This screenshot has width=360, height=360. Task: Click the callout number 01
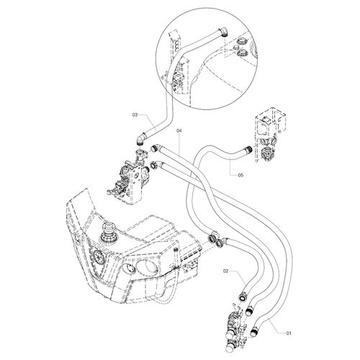pyautogui.click(x=289, y=333)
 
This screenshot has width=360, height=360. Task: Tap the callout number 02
pyautogui.click(x=225, y=271)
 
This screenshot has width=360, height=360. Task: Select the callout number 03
pyautogui.click(x=135, y=115)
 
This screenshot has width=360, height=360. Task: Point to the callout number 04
pyautogui.click(x=179, y=130)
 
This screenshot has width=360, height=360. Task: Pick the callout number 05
pyautogui.click(x=240, y=175)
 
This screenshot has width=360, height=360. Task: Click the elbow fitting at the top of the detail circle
pyautogui.click(x=223, y=32)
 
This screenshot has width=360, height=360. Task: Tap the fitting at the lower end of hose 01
pyautogui.click(x=254, y=331)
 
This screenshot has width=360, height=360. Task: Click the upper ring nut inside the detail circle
pyautogui.click(x=241, y=41)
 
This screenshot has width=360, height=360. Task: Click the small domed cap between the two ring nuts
pyautogui.click(x=235, y=47)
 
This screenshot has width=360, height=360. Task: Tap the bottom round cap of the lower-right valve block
pyautogui.click(x=230, y=347)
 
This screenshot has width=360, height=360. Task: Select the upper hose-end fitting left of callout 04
pyautogui.click(x=154, y=148)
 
